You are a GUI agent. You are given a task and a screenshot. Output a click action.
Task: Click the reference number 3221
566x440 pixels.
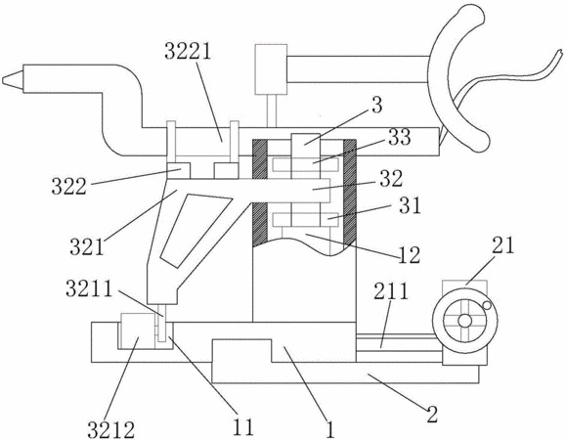pyautogui.click(x=188, y=52)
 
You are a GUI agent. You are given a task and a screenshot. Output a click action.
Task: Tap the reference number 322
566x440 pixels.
pyautogui.click(x=69, y=187)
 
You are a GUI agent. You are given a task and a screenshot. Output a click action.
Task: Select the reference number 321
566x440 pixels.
pyautogui.click(x=87, y=247)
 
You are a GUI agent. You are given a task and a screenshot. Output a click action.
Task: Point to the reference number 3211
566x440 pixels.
pyautogui.click(x=89, y=289)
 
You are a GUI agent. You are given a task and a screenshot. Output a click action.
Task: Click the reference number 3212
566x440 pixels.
pyautogui.click(x=110, y=429)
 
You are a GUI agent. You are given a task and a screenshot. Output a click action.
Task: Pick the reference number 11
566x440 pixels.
pyautogui.click(x=243, y=427)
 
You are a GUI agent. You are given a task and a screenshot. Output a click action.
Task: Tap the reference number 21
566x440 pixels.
pyautogui.click(x=502, y=245)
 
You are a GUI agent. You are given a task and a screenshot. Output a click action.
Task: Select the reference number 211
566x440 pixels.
pyautogui.click(x=391, y=291)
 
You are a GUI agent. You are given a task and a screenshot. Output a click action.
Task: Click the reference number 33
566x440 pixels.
pyautogui.click(x=399, y=137)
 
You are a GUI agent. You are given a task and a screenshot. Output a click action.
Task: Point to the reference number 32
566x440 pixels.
pyautogui.click(x=391, y=178)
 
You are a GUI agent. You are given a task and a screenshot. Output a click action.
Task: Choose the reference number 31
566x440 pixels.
pyautogui.click(x=410, y=205)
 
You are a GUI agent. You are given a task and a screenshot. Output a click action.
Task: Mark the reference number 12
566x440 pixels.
pyautogui.click(x=409, y=255)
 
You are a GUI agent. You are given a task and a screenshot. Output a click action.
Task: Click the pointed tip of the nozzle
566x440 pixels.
pyautogui.click(x=3, y=79)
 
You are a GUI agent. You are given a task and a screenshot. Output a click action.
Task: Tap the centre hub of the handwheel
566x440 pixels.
pyautogui.click(x=465, y=320)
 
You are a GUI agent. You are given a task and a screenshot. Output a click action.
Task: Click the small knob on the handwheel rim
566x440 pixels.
pyautogui.click(x=487, y=305)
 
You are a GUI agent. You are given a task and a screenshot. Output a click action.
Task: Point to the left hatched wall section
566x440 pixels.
pyautogui.click(x=260, y=193)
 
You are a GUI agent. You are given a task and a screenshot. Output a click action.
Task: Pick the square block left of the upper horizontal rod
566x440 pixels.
pyautogui.click(x=271, y=69)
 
